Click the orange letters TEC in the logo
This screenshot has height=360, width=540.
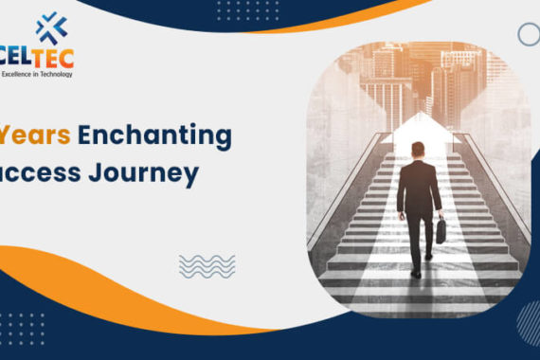pos(55,57)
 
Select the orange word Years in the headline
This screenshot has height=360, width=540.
pos(37,136)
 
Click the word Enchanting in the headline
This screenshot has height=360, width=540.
pos(154,136)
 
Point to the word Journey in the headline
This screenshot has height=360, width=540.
pos(151,174)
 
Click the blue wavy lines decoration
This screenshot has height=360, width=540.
pos(207,265)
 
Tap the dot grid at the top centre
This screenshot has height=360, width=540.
pos(234,10)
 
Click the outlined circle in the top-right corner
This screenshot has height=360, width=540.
pos(529,35)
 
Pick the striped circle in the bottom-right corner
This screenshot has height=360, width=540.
pos(529,322)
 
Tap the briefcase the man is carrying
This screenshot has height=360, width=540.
pos(441,232)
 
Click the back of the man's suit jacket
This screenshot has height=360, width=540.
pos(418,185)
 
